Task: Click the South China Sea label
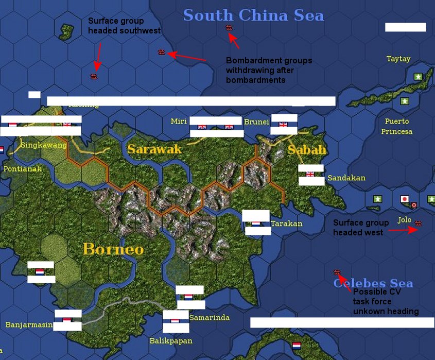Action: point(253,15)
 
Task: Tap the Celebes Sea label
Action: point(373,284)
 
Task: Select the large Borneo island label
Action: point(113,249)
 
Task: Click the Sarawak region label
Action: point(154,149)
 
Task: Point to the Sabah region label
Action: point(307,150)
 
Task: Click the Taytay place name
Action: point(398,59)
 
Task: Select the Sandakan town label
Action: point(346,178)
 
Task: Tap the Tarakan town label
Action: point(287,224)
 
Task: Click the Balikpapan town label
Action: point(171,341)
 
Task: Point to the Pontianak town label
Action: point(23,168)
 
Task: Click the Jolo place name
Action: point(405,220)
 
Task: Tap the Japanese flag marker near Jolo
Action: point(404,199)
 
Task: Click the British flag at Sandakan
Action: point(310,175)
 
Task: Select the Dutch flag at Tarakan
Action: point(256,224)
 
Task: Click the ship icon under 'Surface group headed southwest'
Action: point(94,76)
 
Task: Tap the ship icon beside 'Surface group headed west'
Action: point(418,224)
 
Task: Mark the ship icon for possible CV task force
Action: point(337,272)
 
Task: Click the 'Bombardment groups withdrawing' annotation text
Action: point(269,71)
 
